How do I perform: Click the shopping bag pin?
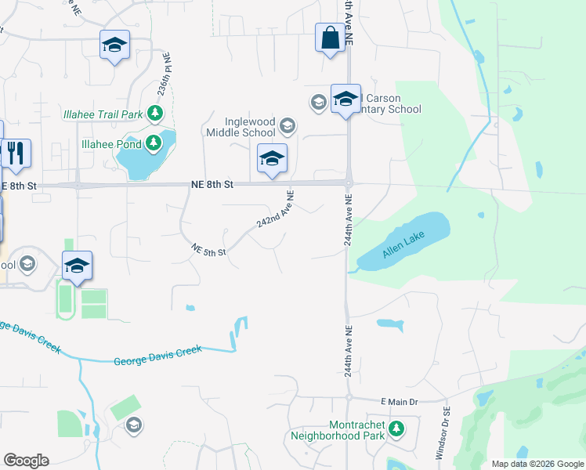click(x=330, y=38)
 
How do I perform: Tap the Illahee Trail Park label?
click(x=103, y=114)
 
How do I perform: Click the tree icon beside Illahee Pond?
click(x=155, y=143)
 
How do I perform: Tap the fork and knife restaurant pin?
click(x=16, y=154)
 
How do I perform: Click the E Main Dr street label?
click(x=400, y=402)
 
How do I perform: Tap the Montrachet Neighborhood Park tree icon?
click(x=397, y=428)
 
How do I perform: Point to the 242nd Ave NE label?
click(x=275, y=209)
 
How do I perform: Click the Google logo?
click(x=26, y=461)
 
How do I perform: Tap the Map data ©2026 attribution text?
click(x=537, y=464)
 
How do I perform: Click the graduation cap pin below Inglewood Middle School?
click(x=272, y=159)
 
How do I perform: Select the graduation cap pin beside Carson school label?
click(x=345, y=99)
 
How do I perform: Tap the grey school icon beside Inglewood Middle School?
click(x=288, y=125)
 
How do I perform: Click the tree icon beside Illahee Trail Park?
click(x=155, y=114)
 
